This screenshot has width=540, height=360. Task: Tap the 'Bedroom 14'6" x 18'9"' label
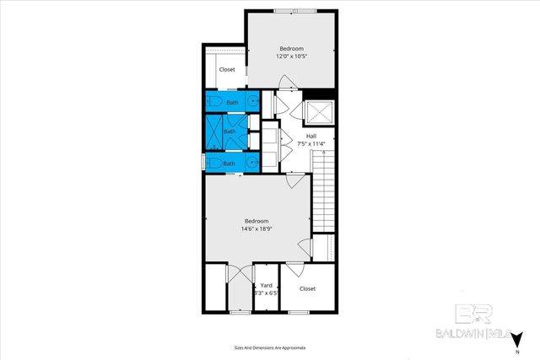256,224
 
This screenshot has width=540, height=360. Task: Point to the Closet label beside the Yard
307,288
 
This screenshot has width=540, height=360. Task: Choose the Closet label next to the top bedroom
227,70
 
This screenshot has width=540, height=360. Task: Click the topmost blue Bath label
232,103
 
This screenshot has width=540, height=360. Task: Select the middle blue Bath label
229,132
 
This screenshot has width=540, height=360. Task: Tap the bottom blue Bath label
229,163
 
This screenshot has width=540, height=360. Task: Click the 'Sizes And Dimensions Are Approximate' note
270,347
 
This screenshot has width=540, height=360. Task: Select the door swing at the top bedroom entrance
287,83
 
